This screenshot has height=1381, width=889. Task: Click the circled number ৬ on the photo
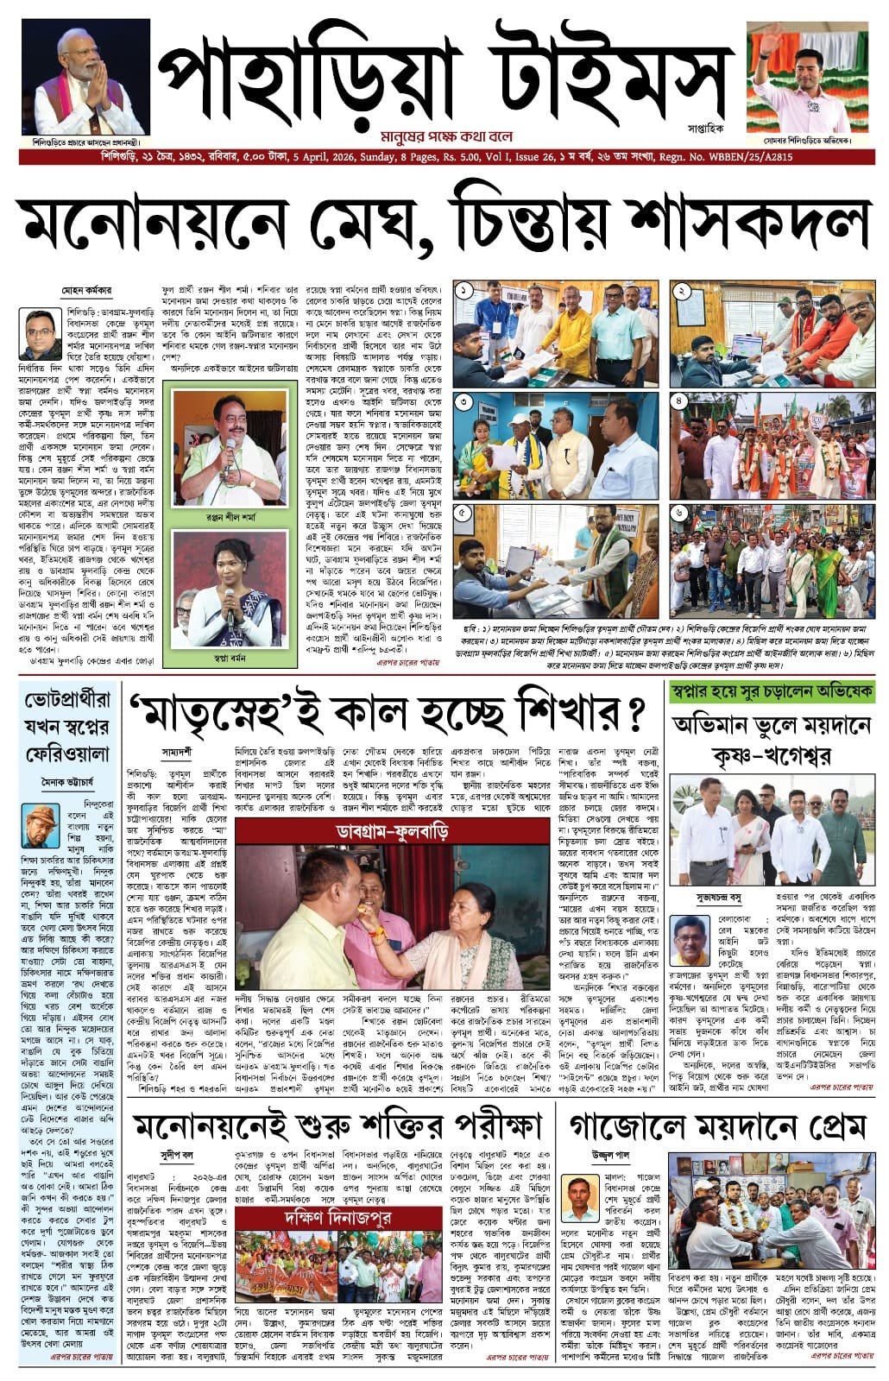681,514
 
